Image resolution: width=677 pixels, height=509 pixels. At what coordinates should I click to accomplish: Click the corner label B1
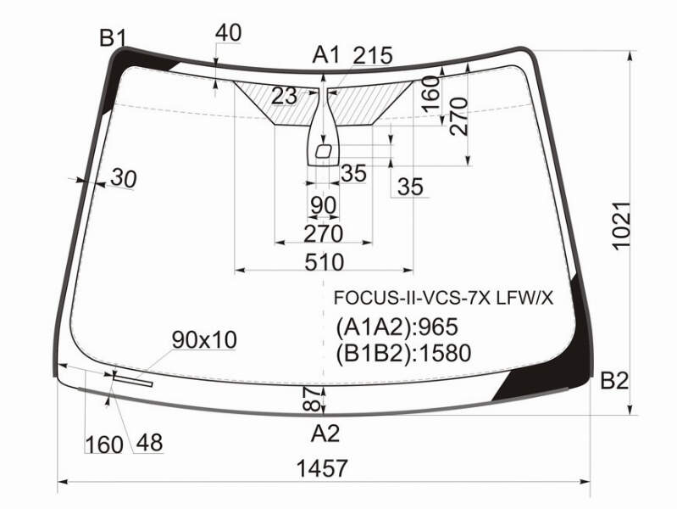[x=113, y=38]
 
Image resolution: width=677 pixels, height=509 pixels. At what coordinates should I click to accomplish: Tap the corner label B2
[x=614, y=381]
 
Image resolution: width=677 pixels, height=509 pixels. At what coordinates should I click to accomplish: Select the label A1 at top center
[x=326, y=55]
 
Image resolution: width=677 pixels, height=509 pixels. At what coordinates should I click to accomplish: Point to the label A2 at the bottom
[x=325, y=433]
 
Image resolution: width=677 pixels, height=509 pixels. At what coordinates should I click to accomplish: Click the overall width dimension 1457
[x=322, y=468]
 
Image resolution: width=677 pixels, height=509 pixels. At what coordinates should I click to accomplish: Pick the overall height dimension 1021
[x=622, y=226]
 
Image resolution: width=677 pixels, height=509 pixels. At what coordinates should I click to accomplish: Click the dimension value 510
[x=325, y=262]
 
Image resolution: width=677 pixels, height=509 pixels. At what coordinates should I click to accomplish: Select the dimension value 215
[x=373, y=55]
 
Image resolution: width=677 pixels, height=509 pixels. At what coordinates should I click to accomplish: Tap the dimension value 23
[x=284, y=96]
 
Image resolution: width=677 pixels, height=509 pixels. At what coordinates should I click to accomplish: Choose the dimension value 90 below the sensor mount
[x=323, y=205]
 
